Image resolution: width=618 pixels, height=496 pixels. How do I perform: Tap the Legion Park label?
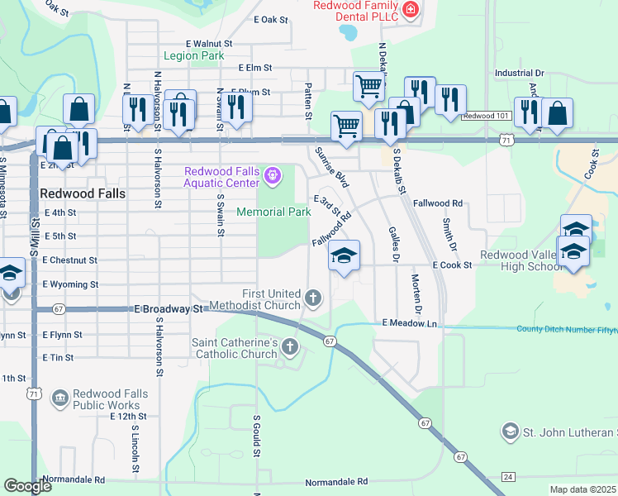[x=194, y=56]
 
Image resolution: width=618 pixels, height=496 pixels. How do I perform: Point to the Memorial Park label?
[x=273, y=212]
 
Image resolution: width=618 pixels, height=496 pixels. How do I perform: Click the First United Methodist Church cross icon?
[x=313, y=297]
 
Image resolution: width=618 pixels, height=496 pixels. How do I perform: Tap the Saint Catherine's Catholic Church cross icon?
[x=289, y=346]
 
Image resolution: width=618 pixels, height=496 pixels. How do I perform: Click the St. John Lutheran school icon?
[x=511, y=432]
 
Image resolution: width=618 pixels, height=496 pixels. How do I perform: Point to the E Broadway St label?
[x=169, y=308]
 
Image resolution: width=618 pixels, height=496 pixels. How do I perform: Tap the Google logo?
[x=27, y=485]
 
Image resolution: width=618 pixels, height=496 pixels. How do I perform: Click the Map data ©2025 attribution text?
[x=582, y=489]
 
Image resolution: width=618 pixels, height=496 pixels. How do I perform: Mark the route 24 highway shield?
[x=507, y=478]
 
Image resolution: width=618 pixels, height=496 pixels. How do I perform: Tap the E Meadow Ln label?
[x=409, y=323]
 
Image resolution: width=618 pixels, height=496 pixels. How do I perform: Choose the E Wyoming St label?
[x=70, y=284]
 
